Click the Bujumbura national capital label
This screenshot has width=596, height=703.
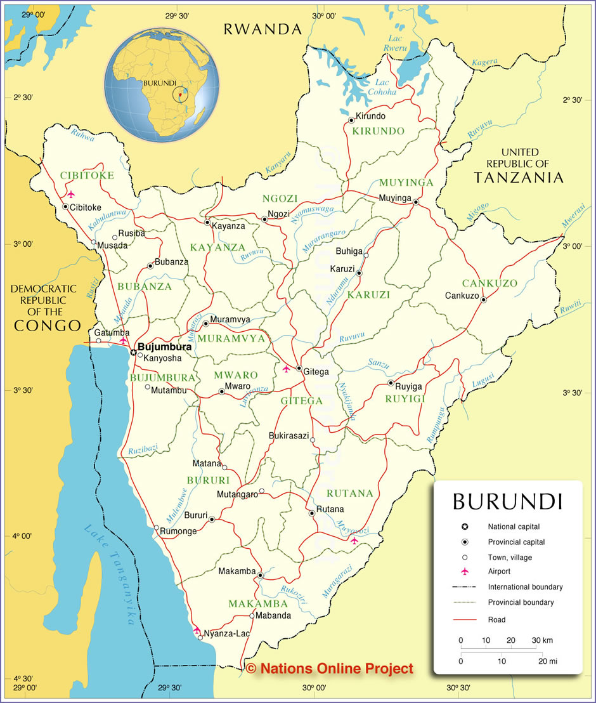tap(165, 347)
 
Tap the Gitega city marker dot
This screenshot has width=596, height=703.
tap(299, 368)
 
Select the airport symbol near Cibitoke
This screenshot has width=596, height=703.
tap(70, 194)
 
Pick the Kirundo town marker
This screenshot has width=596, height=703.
tap(351, 120)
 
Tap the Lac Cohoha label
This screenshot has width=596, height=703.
tap(385, 87)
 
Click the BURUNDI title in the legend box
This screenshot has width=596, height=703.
tap(507, 501)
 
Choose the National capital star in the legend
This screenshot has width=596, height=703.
tap(465, 527)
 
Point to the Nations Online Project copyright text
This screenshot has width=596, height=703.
tap(330, 668)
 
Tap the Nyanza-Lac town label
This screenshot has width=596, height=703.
tap(226, 633)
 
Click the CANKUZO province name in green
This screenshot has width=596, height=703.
tap(489, 283)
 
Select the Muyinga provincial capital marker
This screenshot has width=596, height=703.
tap(416, 202)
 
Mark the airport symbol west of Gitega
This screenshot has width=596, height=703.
tap(286, 369)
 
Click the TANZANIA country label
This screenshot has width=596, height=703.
tap(519, 178)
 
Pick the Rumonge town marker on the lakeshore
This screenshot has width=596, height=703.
tap(157, 527)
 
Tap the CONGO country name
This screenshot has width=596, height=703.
tap(48, 325)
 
